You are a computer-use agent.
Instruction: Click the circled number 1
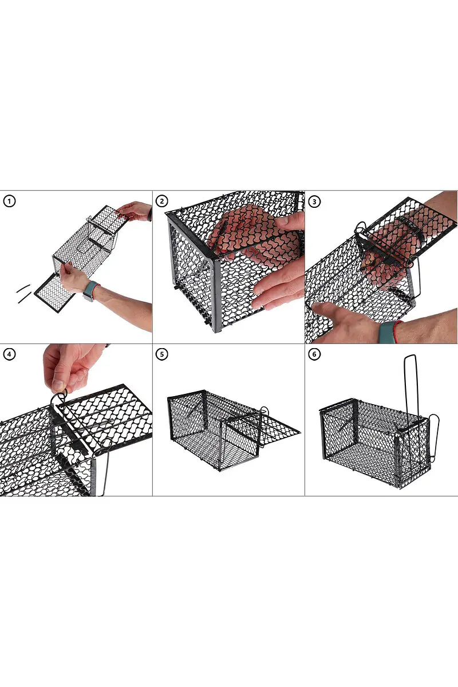pos(9,202)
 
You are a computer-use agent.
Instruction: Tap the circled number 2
pos(161,202)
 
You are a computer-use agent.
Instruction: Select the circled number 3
pos(314,202)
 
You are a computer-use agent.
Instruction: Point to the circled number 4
pos(9,354)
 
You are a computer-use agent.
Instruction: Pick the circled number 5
pos(161,354)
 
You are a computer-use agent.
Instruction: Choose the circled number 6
pos(314,354)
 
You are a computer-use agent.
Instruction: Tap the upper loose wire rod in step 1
pos(23,289)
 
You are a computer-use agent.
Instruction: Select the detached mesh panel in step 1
pos(54,293)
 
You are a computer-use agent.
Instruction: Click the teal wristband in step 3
pos(386,332)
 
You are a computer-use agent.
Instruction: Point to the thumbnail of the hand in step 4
pos(58,385)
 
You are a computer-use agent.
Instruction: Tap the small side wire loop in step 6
pos(433,439)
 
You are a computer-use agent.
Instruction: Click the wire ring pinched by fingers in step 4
pos(58,398)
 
